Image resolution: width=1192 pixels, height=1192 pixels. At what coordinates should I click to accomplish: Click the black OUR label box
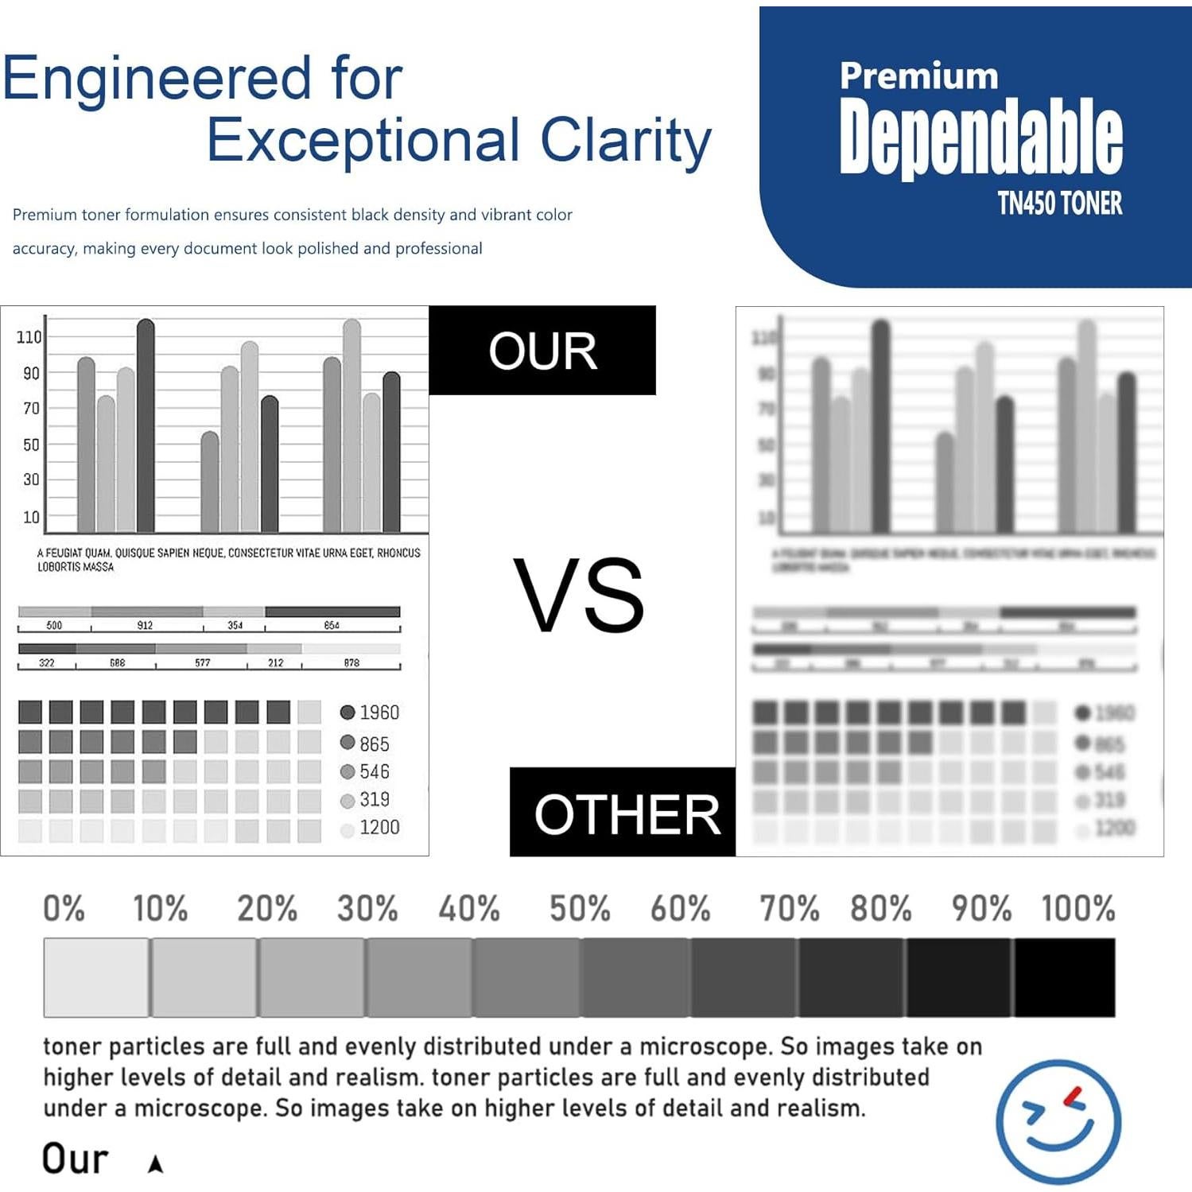(x=542, y=351)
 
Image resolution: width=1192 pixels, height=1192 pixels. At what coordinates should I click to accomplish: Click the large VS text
(x=578, y=596)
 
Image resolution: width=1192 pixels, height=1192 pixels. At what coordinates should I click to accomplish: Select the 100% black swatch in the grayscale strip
(x=1064, y=977)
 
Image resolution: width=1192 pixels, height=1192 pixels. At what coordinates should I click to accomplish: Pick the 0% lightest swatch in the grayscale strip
(x=96, y=977)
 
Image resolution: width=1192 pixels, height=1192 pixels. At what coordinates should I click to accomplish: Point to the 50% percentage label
(x=580, y=908)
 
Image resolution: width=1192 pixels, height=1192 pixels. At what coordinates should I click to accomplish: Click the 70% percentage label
(x=789, y=908)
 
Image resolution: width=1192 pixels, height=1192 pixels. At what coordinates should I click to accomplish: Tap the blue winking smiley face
(x=1058, y=1121)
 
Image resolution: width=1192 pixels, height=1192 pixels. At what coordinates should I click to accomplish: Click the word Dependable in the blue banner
(x=980, y=137)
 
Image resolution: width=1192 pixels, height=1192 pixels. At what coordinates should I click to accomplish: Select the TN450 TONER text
(x=1060, y=204)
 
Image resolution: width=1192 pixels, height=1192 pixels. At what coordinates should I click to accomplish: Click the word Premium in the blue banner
(x=918, y=76)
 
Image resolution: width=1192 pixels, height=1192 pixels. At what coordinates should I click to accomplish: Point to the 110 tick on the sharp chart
(x=29, y=337)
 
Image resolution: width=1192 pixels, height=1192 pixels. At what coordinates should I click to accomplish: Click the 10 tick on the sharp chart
(x=31, y=518)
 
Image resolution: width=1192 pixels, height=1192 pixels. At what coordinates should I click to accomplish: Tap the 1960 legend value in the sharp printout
(x=379, y=712)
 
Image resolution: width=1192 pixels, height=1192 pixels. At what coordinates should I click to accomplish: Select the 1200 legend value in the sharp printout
(x=379, y=828)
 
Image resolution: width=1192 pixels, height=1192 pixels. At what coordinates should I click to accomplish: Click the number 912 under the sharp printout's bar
(x=145, y=626)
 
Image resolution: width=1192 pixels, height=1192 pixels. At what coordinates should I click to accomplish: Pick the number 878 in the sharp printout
(x=351, y=662)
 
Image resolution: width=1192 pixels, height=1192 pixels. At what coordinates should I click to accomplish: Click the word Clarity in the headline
(x=626, y=140)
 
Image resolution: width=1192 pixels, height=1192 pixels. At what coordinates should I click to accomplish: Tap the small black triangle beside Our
(x=156, y=1164)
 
